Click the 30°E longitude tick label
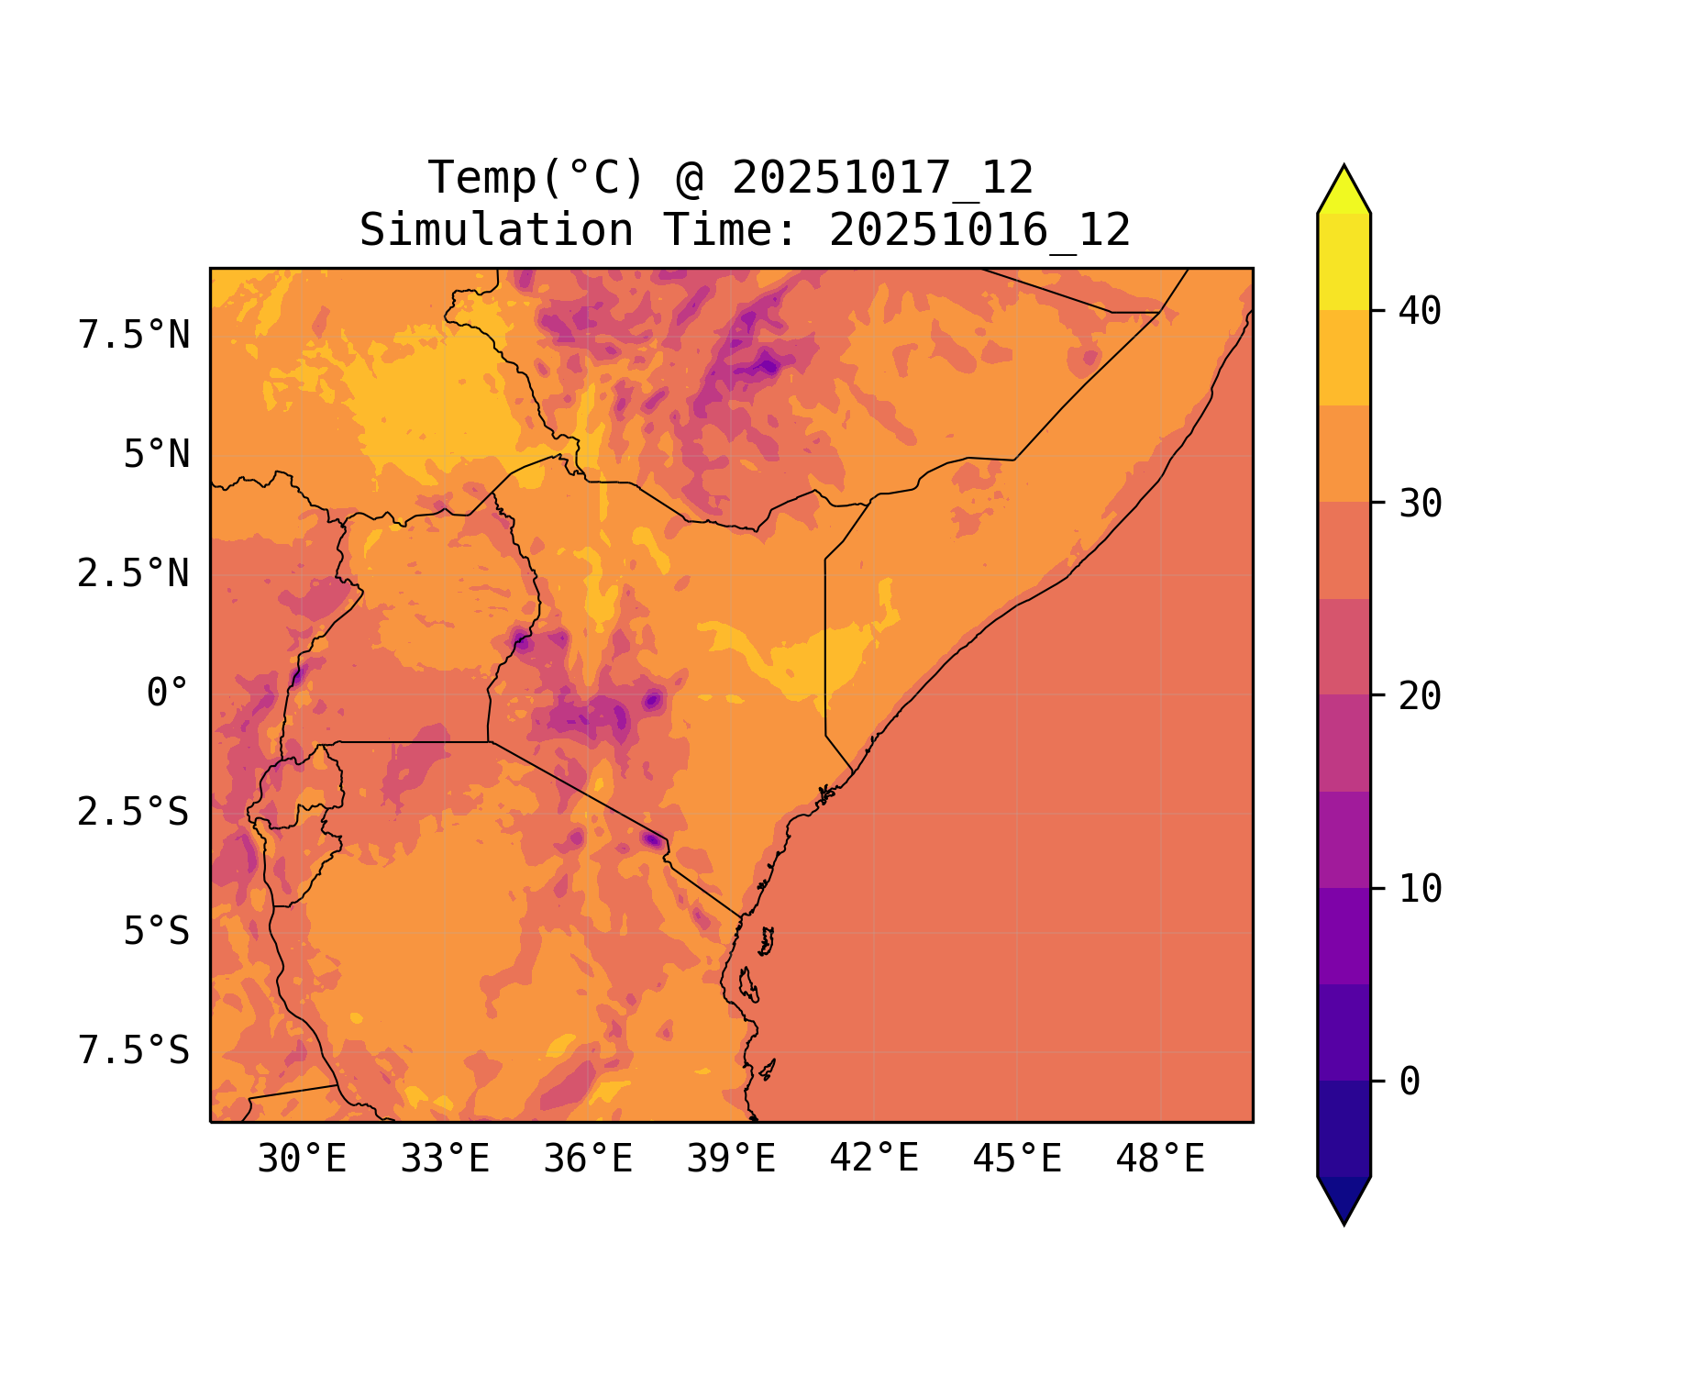coord(302,1160)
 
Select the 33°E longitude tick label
coord(445,1160)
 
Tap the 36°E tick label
coord(588,1160)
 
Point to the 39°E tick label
coord(731,1160)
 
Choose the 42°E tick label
coord(874,1159)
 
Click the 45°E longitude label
coord(1017,1160)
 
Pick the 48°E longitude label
coord(1160,1160)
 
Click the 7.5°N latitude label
coord(134,336)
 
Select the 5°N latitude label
coord(157,455)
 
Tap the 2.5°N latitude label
coord(134,574)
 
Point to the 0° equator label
coord(168,694)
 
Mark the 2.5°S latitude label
coord(134,813)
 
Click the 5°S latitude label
coord(157,932)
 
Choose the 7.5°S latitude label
coord(134,1051)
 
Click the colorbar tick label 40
coord(1421,312)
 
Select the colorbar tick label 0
coord(1410,1082)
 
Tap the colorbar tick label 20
coord(1421,697)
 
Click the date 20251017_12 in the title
coord(882,178)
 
